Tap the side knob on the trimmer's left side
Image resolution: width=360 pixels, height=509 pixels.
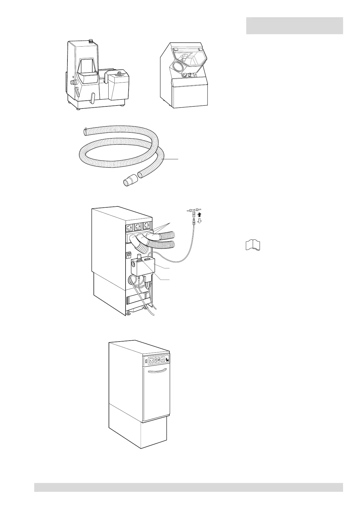point(73,82)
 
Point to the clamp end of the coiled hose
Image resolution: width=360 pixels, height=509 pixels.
point(86,131)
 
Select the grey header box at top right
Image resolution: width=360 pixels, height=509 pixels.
point(294,26)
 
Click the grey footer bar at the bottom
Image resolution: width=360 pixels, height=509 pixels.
point(188,487)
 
